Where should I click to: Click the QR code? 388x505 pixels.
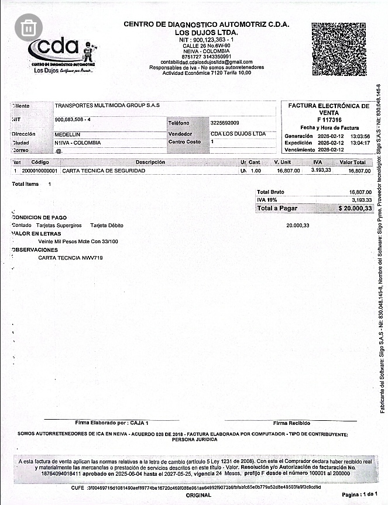tap(339, 49)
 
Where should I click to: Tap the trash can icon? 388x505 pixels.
tap(29, 27)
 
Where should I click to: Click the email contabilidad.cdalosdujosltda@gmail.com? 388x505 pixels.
tap(207, 62)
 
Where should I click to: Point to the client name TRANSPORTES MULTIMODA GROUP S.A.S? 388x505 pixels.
tap(107, 106)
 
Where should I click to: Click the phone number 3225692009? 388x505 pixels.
tap(225, 123)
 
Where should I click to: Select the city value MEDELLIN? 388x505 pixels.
tap(67, 134)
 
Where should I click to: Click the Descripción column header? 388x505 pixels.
tap(150, 162)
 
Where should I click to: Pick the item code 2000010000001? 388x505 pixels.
tap(40, 171)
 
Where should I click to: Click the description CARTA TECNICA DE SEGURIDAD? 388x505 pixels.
tap(104, 171)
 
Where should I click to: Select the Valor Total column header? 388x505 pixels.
tap(352, 162)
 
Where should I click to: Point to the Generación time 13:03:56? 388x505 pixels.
tap(360, 136)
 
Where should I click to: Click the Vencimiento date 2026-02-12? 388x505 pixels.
tap(332, 150)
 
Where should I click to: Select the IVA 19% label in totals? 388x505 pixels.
tap(267, 200)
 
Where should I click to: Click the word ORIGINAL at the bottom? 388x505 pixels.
tap(198, 495)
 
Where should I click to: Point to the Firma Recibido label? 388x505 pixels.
tap(291, 423)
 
